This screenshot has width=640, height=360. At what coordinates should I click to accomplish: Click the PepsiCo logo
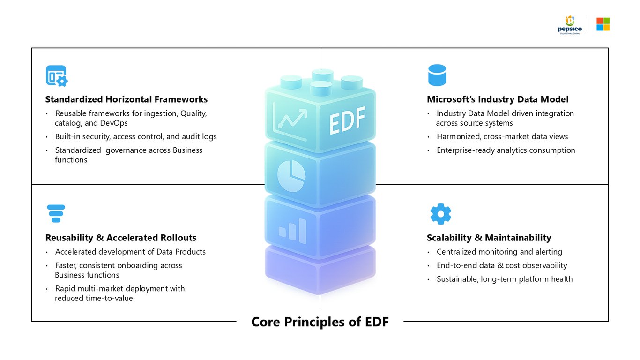570,25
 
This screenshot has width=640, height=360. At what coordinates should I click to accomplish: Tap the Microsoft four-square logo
603,24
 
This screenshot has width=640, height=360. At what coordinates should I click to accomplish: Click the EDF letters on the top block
347,120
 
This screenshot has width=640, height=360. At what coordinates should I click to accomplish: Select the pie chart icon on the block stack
291,176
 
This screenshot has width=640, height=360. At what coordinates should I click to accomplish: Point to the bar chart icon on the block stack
292,231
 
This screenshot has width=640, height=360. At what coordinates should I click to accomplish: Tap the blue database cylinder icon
437,75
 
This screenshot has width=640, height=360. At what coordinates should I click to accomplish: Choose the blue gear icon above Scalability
440,214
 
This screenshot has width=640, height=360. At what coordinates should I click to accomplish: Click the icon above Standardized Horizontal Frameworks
57,76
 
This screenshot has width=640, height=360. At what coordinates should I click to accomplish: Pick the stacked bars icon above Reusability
56,213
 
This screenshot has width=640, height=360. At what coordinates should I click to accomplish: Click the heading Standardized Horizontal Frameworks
127,99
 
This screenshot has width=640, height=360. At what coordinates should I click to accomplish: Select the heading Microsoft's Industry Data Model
498,99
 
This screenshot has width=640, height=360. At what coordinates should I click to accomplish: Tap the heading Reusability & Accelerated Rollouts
121,238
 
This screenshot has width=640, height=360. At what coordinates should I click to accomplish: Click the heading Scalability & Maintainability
489,238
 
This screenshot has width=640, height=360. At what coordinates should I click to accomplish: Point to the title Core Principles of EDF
320,322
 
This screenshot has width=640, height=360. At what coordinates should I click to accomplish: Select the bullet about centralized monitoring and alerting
499,252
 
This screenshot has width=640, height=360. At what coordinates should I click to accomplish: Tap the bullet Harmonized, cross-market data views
502,136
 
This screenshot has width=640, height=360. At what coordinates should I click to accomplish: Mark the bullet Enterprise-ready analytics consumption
506,150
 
